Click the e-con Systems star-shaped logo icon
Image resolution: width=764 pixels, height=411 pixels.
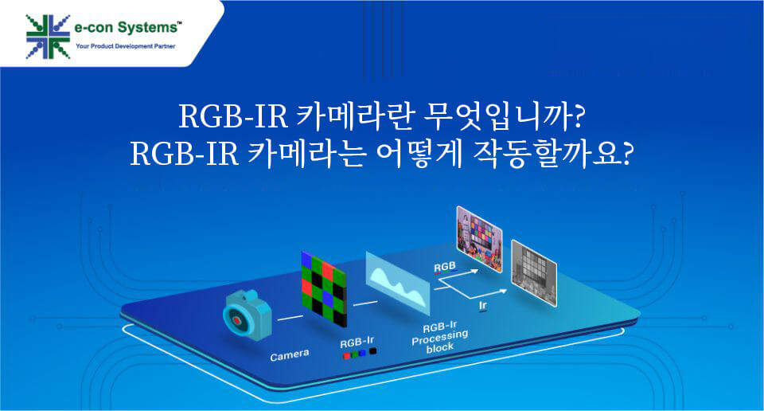pyautogui.click(x=48, y=37)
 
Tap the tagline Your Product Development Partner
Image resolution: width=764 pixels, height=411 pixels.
pyautogui.click(x=125, y=46)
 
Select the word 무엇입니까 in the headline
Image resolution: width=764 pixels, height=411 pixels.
pyautogui.click(x=503, y=117)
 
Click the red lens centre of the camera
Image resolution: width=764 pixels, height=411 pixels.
pyautogui.click(x=237, y=320)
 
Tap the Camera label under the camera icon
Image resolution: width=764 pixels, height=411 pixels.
pyautogui.click(x=290, y=355)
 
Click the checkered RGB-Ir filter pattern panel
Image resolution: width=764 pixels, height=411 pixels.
pyautogui.click(x=324, y=288)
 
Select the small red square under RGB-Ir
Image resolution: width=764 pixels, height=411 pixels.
pyautogui.click(x=346, y=356)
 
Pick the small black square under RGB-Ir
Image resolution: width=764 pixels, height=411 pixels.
pyautogui.click(x=372, y=350)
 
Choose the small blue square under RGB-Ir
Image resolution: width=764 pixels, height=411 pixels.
pyautogui.click(x=363, y=353)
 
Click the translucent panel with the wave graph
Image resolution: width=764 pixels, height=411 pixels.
pyautogui.click(x=398, y=284)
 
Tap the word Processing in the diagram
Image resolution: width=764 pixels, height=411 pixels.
pyautogui.click(x=439, y=338)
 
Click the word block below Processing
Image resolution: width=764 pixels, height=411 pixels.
pyautogui.click(x=440, y=348)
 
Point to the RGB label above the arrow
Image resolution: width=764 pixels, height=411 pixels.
pyautogui.click(x=445, y=267)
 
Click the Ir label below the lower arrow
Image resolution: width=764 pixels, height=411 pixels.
pyautogui.click(x=482, y=306)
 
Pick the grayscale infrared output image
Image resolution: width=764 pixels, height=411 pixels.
pyautogui.click(x=533, y=273)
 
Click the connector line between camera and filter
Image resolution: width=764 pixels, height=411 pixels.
pyautogui.click(x=290, y=318)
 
